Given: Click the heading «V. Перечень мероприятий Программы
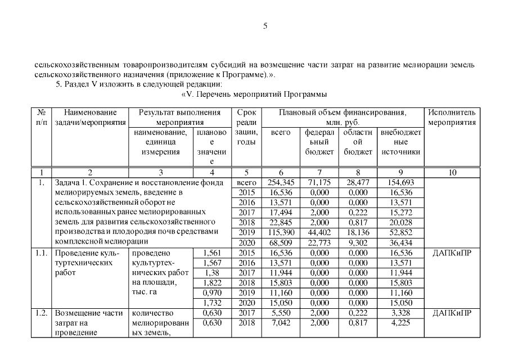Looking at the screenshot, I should point(254,93).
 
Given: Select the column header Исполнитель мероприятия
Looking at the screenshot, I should point(452,118).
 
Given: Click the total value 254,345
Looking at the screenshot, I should point(281,182).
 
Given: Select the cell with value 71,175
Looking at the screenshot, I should point(319,182).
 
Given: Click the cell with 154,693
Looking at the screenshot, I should point(400,182).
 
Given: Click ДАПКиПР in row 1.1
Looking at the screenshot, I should point(452,253).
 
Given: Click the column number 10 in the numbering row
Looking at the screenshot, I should point(452,172).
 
